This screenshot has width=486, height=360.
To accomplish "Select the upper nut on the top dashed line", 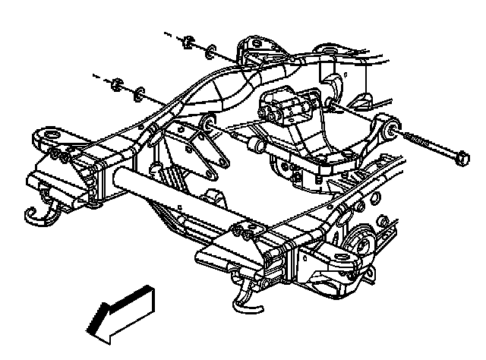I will pos(186,42).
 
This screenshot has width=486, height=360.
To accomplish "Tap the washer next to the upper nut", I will pos(210,52).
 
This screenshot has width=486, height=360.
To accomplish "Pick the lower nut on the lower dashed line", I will pos(117,82).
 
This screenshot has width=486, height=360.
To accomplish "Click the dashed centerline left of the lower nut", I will pos(99,75).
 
